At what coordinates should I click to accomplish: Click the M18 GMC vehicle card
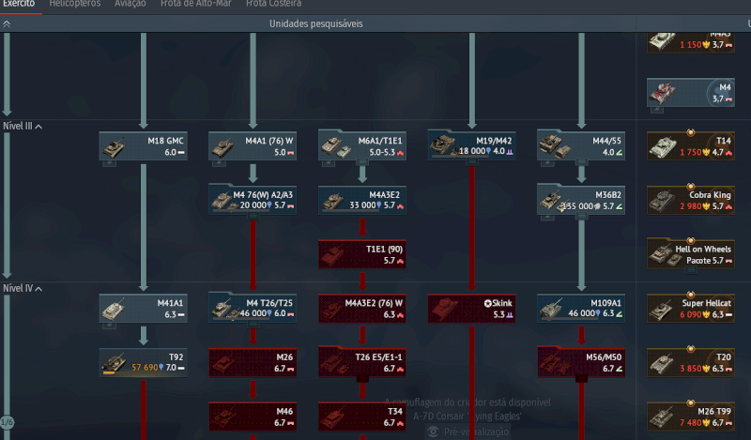(x=143, y=145)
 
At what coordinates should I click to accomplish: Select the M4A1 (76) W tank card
(x=252, y=145)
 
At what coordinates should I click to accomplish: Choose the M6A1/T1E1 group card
(x=361, y=145)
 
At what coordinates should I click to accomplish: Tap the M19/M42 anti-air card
(x=471, y=145)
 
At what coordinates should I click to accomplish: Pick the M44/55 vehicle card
(x=581, y=145)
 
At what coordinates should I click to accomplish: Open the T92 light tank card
(x=143, y=363)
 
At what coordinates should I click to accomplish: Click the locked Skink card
(x=471, y=309)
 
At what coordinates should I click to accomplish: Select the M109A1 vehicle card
(x=581, y=309)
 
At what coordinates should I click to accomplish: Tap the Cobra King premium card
(x=691, y=200)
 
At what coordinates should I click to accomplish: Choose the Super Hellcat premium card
(x=691, y=309)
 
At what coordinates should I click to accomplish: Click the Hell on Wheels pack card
(x=691, y=254)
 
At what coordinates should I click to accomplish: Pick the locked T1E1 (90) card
(x=361, y=254)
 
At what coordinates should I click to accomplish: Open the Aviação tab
(x=130, y=4)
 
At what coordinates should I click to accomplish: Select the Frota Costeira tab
(x=268, y=4)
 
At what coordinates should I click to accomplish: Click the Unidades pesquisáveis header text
(x=315, y=23)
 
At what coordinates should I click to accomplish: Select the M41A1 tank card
(x=143, y=309)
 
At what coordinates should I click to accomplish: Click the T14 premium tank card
(x=691, y=145)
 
